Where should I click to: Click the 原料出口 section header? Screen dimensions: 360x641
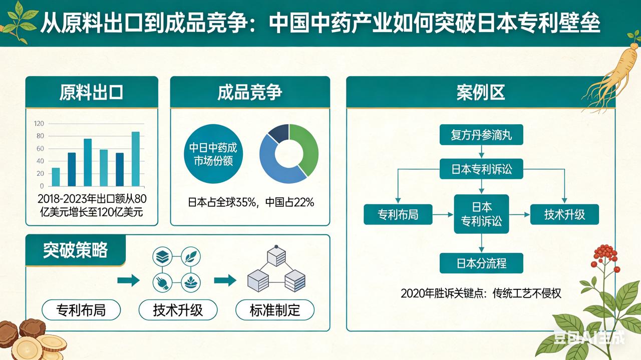click(x=92, y=92)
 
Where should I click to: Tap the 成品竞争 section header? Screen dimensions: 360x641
click(x=250, y=92)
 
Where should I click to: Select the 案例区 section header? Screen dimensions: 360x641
click(x=480, y=92)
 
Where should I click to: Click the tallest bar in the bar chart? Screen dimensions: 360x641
click(x=136, y=159)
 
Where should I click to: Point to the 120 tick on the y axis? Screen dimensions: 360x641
click(x=39, y=123)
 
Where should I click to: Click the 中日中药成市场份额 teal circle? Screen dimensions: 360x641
click(x=212, y=154)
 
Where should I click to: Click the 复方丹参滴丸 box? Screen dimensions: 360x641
click(x=481, y=135)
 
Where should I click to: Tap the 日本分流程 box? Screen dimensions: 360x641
click(x=481, y=263)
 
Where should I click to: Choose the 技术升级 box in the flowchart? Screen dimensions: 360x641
click(x=564, y=215)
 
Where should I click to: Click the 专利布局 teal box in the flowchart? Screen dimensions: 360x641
click(x=398, y=215)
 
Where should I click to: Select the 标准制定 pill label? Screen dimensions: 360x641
click(x=274, y=310)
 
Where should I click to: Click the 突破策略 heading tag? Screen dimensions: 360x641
click(x=75, y=250)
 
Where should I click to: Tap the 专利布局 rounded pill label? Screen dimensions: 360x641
click(x=81, y=310)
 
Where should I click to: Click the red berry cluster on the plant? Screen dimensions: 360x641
click(x=604, y=253)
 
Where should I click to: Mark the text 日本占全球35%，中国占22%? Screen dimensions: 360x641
click(x=250, y=202)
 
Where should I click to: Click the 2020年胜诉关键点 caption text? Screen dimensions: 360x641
click(x=481, y=293)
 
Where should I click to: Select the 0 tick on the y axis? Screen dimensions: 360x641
click(x=42, y=186)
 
